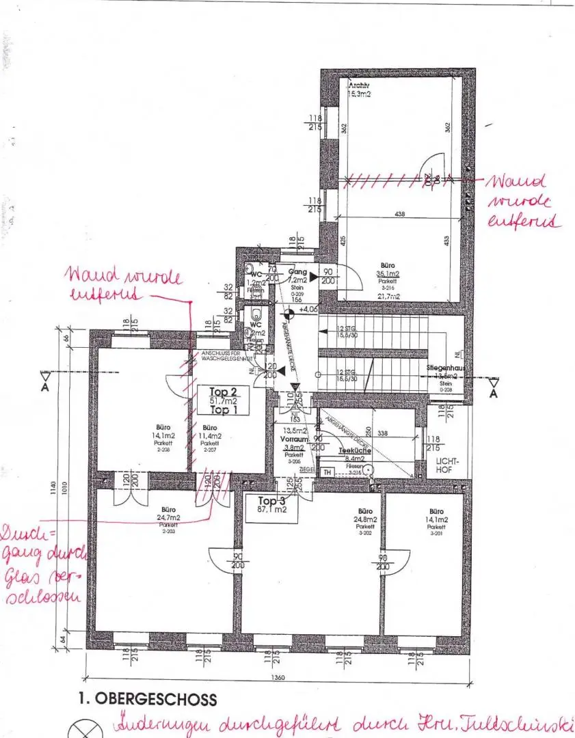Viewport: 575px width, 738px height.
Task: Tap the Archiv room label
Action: [359, 90]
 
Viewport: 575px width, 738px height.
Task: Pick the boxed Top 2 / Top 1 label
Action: [219, 400]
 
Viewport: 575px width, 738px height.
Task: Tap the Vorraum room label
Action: [294, 439]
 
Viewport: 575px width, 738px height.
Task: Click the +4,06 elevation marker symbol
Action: [290, 314]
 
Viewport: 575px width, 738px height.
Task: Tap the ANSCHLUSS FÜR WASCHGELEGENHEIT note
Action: [226, 355]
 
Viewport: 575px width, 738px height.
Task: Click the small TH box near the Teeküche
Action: [327, 473]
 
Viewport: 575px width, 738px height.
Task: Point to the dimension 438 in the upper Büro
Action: [400, 214]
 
